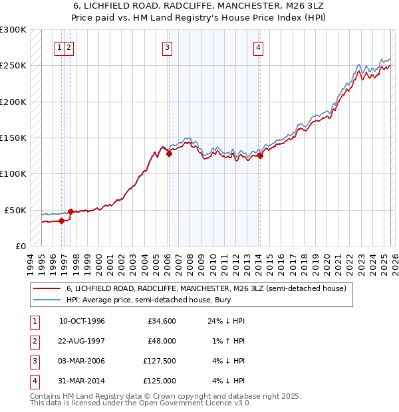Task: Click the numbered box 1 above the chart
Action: [x=60, y=47]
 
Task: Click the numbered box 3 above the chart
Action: [x=167, y=47]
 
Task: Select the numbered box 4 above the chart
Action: [x=258, y=47]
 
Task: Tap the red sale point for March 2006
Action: [x=169, y=154]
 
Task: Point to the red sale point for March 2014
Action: [x=260, y=155]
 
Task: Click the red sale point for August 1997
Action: [x=70, y=211]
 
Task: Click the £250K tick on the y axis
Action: [x=13, y=66]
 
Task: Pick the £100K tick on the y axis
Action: [x=13, y=174]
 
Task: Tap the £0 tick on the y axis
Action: [x=20, y=246]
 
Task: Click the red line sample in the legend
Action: [x=47, y=289]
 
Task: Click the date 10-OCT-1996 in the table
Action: [x=82, y=321]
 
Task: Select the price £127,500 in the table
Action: [x=160, y=361]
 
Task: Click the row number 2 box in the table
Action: [x=33, y=341]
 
